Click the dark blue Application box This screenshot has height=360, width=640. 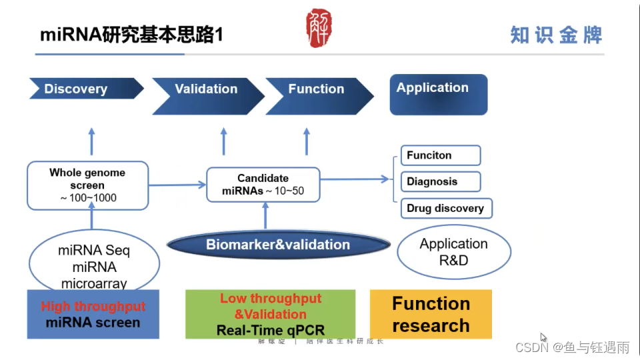(438, 94)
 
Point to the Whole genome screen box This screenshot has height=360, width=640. (87, 185)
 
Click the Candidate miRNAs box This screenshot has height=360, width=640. (263, 185)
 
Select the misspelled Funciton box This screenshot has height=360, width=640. (440, 155)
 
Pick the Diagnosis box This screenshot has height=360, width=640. (440, 181)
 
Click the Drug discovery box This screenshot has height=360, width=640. (445, 208)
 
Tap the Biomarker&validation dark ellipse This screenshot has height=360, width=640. (278, 245)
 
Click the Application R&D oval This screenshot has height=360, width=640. (453, 252)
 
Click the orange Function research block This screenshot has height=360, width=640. (431, 314)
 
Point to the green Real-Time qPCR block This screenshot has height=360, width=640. (270, 313)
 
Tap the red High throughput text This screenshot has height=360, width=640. (93, 307)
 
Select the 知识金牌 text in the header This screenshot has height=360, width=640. (556, 35)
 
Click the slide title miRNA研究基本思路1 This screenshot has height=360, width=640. (131, 35)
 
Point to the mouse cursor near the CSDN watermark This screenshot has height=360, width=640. (543, 337)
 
